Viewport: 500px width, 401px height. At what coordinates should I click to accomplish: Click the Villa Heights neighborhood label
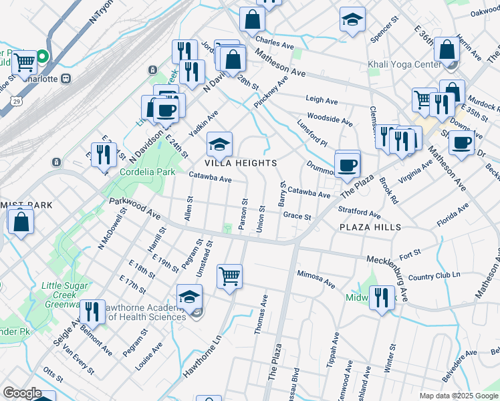tap(241, 163)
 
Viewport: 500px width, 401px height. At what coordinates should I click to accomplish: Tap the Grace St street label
tap(297, 217)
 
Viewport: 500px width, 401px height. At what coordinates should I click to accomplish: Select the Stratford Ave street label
tap(359, 213)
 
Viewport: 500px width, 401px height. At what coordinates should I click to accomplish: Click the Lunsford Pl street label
tap(312, 134)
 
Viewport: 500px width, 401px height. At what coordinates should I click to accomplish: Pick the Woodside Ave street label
tap(330, 120)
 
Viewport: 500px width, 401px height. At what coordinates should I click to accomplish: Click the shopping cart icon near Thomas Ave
tap(229, 275)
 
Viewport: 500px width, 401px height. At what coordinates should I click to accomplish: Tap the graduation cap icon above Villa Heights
tap(220, 144)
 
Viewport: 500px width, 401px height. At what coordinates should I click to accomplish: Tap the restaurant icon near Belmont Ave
tap(92, 311)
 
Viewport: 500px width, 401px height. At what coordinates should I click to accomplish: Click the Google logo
tap(22, 393)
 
